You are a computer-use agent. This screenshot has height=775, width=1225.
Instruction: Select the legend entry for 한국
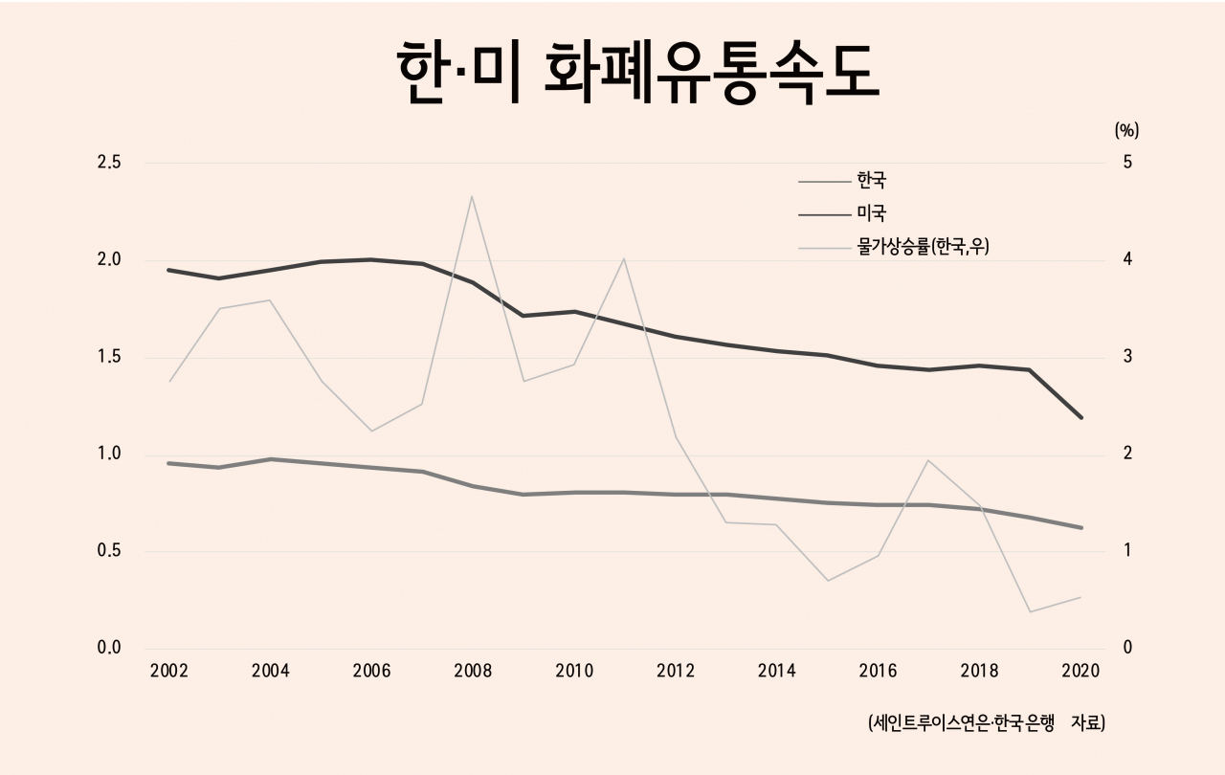[x=872, y=179]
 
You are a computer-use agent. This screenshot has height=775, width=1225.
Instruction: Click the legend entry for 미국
[x=872, y=212]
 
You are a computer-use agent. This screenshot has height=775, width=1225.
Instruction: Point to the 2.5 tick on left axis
[x=109, y=163]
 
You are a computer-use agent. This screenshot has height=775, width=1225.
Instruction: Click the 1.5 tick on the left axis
[x=109, y=357]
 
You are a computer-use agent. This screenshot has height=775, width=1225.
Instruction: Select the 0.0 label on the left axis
[x=109, y=648]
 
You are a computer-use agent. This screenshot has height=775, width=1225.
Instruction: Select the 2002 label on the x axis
[x=169, y=671]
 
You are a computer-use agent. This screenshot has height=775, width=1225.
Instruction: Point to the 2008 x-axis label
[x=473, y=671]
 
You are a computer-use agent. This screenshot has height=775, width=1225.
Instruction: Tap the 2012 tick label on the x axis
[x=675, y=671]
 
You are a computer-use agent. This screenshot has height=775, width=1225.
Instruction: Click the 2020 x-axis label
[x=1080, y=671]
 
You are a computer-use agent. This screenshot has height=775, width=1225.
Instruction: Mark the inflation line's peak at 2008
[x=472, y=196]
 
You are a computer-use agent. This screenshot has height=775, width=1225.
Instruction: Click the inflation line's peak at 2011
[x=624, y=258]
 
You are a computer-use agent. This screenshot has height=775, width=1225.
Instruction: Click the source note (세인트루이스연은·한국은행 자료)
[x=987, y=723]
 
